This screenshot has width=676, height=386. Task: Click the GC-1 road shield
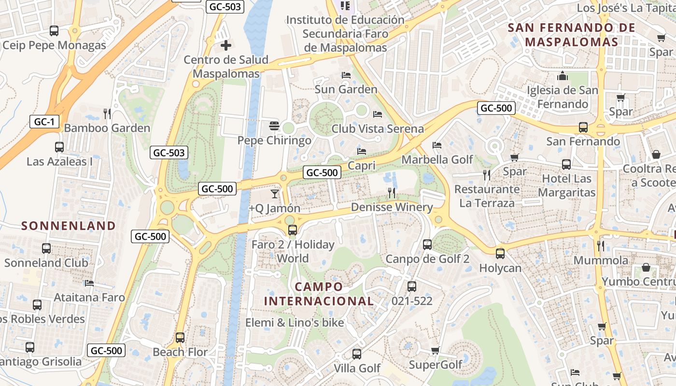[44, 122]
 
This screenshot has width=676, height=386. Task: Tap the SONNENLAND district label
[69, 226]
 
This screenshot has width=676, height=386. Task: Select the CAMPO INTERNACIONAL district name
[319, 294]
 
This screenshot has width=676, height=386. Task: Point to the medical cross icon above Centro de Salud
[225, 46]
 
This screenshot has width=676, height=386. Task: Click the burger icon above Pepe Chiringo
[274, 126]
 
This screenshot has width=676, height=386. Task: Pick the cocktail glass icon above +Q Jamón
[275, 194]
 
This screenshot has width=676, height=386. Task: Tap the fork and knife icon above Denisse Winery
[392, 193]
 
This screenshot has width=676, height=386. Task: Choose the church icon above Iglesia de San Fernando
[563, 76]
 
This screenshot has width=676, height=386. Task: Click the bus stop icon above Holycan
[500, 253]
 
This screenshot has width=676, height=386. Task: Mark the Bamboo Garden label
[107, 128]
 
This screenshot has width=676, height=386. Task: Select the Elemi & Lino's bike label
[295, 323]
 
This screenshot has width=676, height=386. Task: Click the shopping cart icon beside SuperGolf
[435, 350]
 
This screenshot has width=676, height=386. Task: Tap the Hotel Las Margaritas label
[566, 186]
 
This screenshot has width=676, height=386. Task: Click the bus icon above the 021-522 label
[412, 287]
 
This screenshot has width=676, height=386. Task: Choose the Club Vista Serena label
[378, 129]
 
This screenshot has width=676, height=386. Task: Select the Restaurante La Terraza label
[487, 196]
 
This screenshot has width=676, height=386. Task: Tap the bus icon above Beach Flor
[180, 338]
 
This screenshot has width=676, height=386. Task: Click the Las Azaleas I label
[59, 161]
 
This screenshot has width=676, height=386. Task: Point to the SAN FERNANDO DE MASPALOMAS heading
[572, 35]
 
